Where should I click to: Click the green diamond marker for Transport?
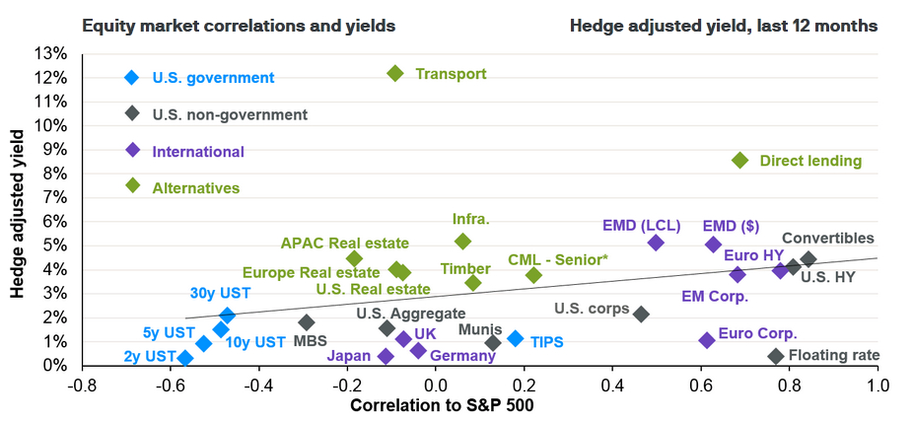click(x=395, y=73)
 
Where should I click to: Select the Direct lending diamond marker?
click(x=739, y=160)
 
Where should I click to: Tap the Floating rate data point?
click(x=775, y=356)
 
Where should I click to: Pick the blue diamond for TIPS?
click(x=515, y=338)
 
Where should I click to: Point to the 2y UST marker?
click(x=184, y=358)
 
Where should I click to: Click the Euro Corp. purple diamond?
click(x=706, y=340)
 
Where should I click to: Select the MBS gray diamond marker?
click(x=307, y=322)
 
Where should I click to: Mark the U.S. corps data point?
click(x=641, y=314)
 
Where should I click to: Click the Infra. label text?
click(x=470, y=219)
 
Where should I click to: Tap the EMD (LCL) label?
click(x=641, y=225)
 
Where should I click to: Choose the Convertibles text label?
click(x=827, y=238)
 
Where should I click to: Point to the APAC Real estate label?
click(x=344, y=243)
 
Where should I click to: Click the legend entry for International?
click(x=198, y=152)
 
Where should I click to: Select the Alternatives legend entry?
click(x=195, y=187)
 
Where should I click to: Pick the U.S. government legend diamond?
click(x=132, y=78)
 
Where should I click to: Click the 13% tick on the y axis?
click(x=49, y=53)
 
